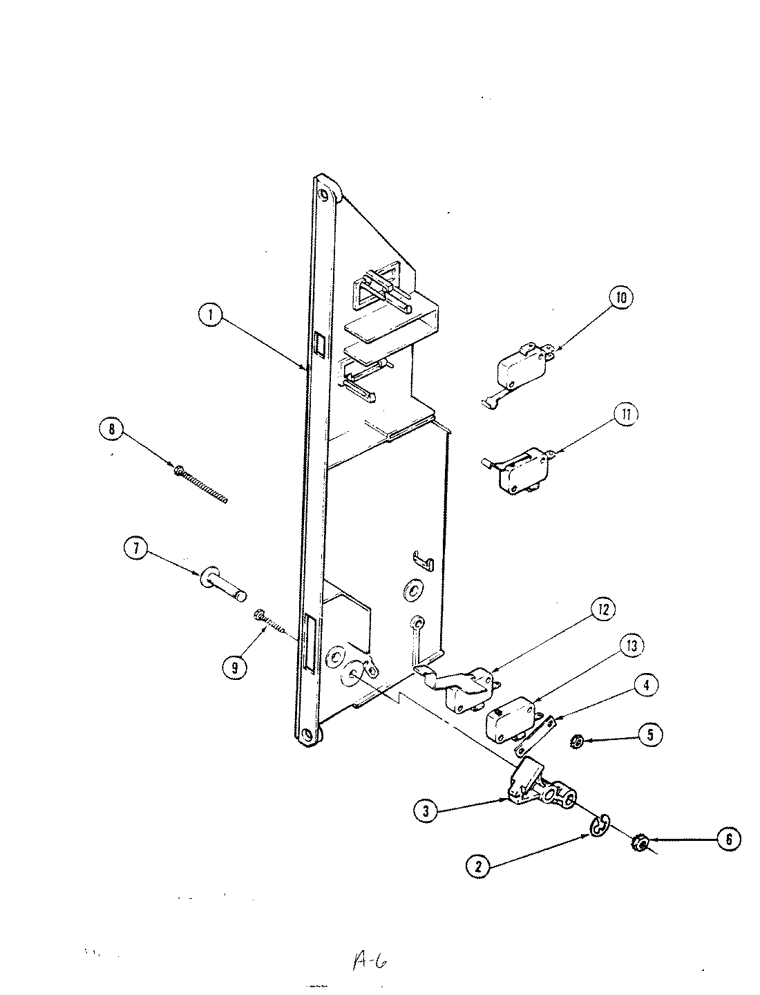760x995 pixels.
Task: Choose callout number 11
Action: click(x=625, y=415)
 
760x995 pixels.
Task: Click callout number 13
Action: click(x=630, y=647)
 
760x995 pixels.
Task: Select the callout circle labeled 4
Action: click(x=644, y=685)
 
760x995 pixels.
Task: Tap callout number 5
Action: click(x=649, y=734)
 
